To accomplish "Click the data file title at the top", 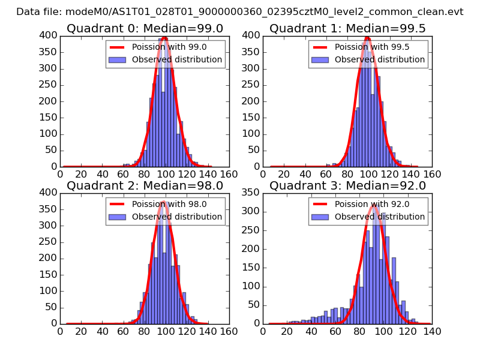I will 239,11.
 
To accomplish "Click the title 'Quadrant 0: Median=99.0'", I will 145,28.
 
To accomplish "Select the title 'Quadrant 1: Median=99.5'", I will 347,28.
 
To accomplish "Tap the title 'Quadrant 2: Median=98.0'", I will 145,185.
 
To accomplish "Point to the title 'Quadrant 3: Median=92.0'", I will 347,185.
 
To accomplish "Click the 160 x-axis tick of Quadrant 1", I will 432,174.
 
